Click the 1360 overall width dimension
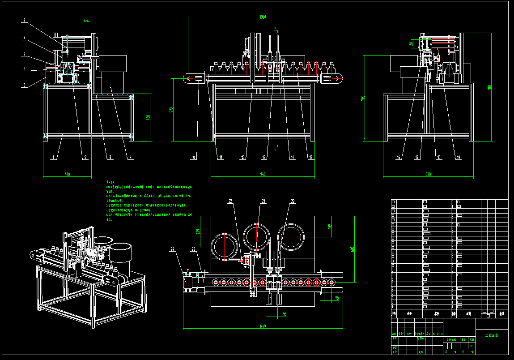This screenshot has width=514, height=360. tap(263, 17)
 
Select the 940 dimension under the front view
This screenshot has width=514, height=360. tap(263, 174)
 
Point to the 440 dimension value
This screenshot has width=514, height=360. tap(68, 174)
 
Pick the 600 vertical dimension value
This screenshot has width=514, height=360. tap(352, 249)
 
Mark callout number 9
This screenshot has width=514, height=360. tap(24, 20)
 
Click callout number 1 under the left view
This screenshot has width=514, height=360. tap(53, 157)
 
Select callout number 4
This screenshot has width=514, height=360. tap(130, 157)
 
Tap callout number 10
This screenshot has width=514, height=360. tap(193, 157)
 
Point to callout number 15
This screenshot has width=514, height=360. tap(310, 157)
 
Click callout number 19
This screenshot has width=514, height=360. tap(458, 157)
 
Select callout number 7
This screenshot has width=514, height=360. tap(24, 54)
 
